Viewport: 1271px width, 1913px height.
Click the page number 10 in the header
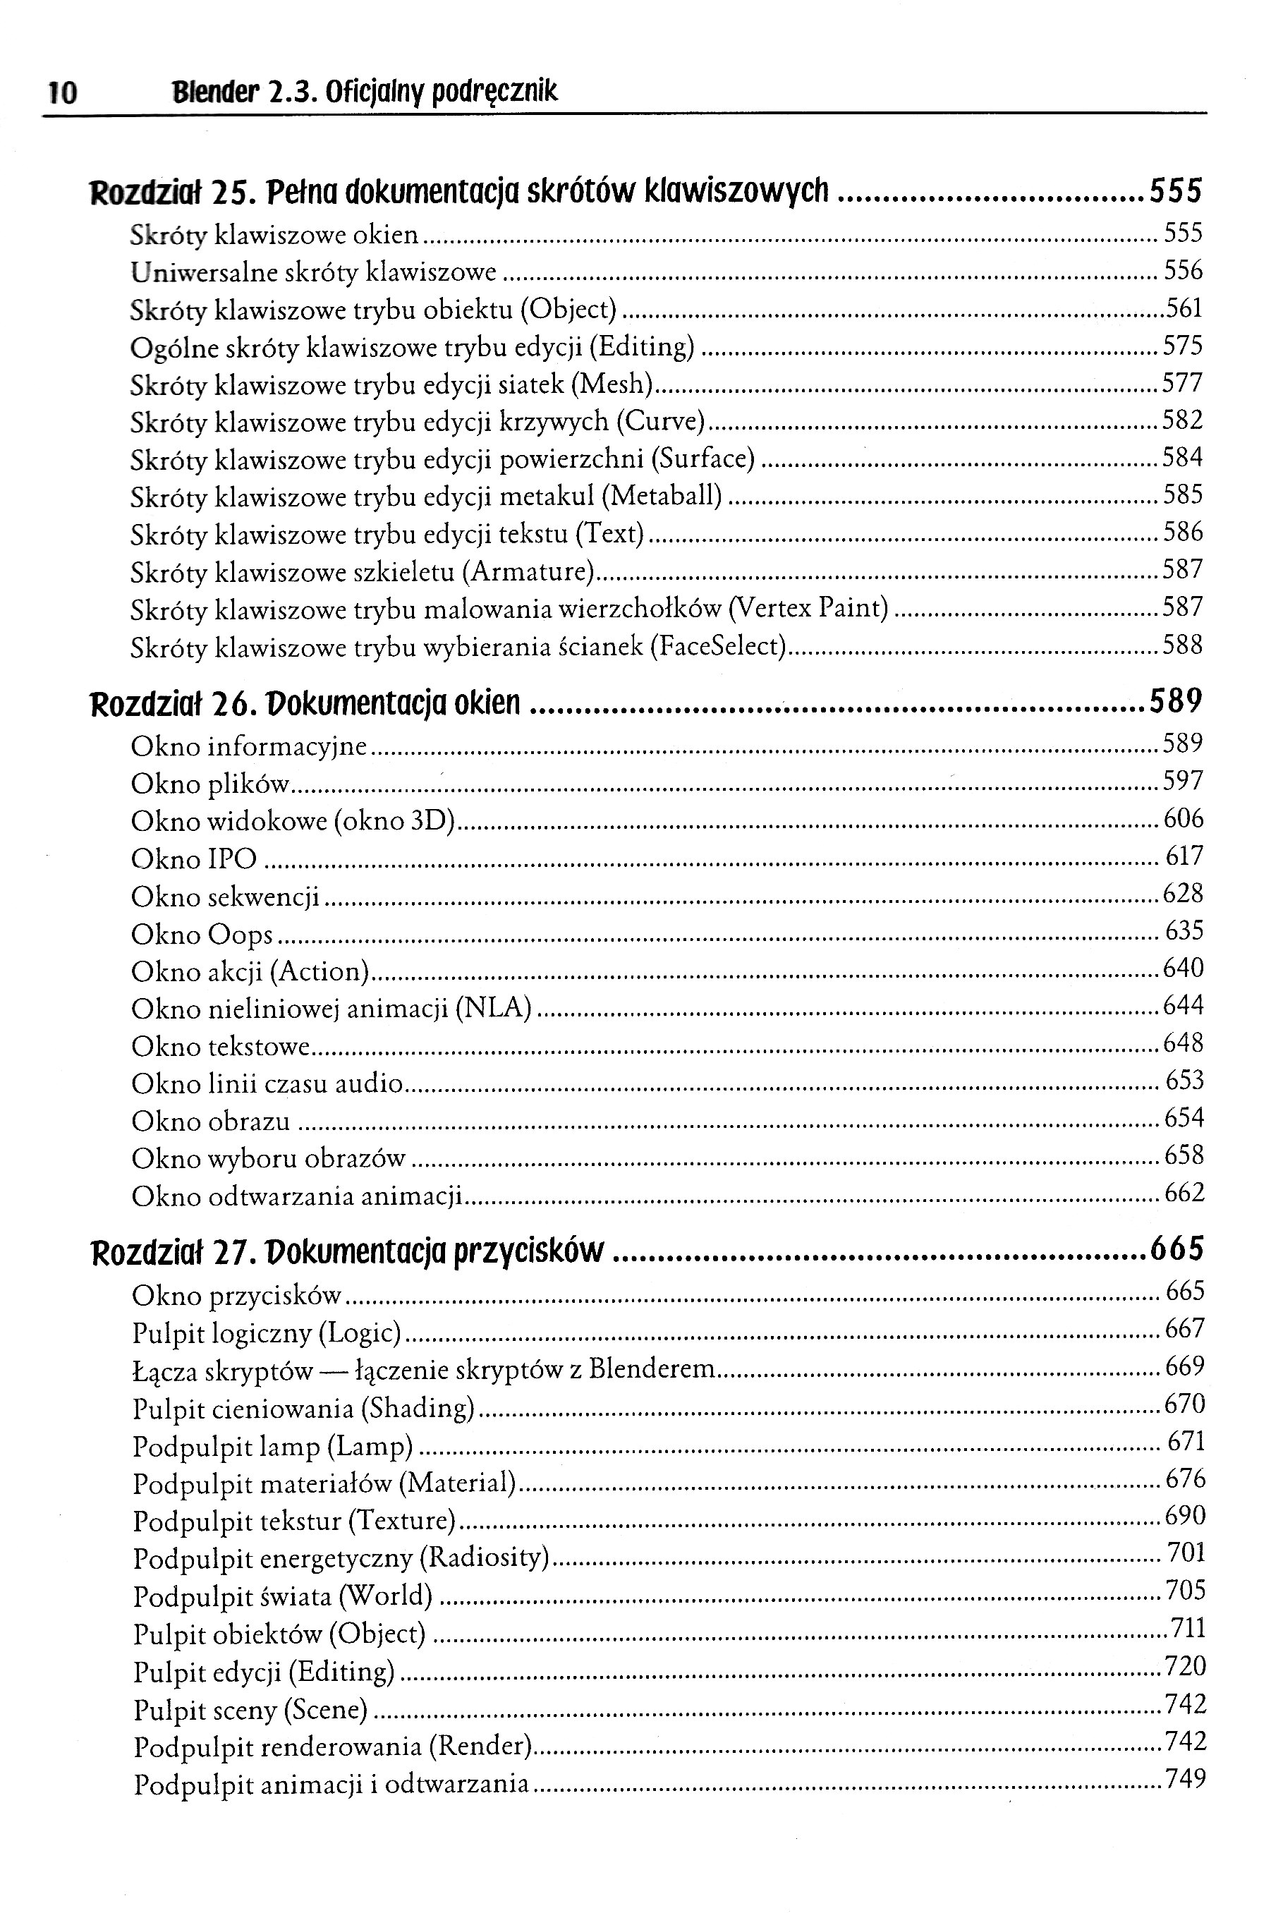pyautogui.click(x=62, y=93)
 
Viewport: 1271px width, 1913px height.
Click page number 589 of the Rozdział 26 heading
pyautogui.click(x=1175, y=701)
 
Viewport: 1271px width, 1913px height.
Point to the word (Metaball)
pyautogui.click(x=663, y=495)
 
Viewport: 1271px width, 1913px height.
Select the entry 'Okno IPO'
pyautogui.click(x=194, y=858)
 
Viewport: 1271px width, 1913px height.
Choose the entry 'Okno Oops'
pyautogui.click(x=202, y=935)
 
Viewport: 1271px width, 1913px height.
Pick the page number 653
pyautogui.click(x=1184, y=1081)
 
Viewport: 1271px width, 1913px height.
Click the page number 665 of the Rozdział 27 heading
pyautogui.click(x=1177, y=1249)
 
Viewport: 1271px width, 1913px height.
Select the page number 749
pyautogui.click(x=1186, y=1779)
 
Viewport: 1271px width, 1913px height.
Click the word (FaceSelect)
pyautogui.click(x=718, y=647)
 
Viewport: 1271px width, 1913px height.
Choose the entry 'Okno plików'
pyautogui.click(x=210, y=784)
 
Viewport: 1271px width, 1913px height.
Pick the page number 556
pyautogui.click(x=1183, y=270)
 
